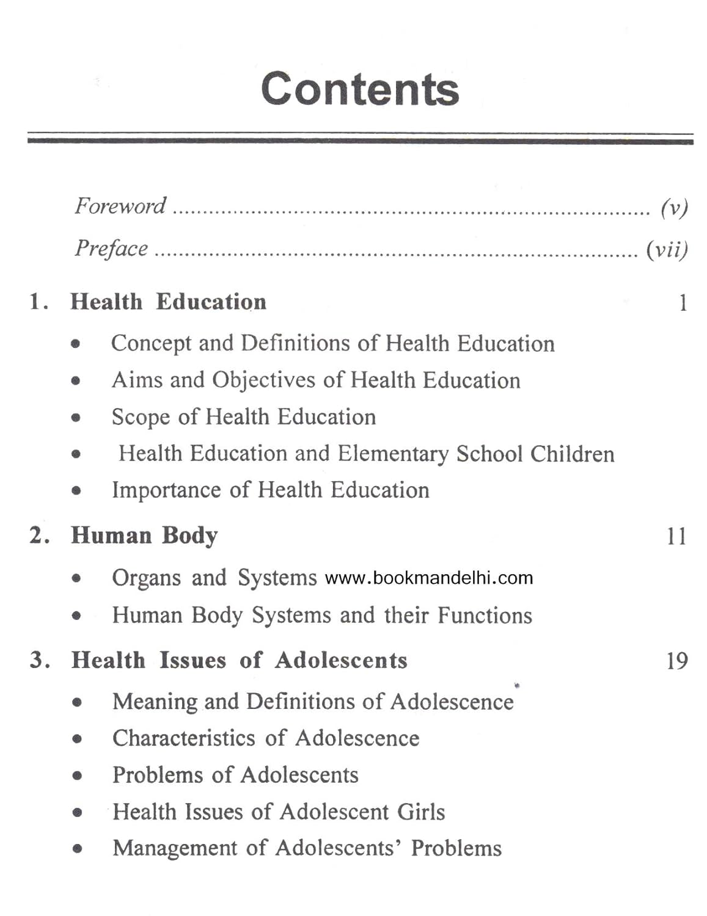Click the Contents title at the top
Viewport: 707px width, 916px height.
point(359,89)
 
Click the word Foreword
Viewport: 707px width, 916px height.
point(120,206)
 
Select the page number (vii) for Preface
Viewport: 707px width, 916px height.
point(667,249)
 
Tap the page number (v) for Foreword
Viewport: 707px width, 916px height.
point(674,208)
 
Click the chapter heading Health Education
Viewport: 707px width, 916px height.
point(168,302)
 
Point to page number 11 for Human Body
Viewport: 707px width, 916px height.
point(676,536)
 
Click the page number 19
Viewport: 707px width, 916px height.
point(676,661)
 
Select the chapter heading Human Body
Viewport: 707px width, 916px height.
point(144,536)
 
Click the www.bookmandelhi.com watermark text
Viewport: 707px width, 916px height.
point(428,578)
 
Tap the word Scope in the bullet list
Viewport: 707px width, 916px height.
point(141,417)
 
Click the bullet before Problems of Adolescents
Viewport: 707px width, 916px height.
point(77,776)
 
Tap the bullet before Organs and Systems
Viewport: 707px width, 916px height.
point(76,578)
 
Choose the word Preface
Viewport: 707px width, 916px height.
point(111,249)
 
